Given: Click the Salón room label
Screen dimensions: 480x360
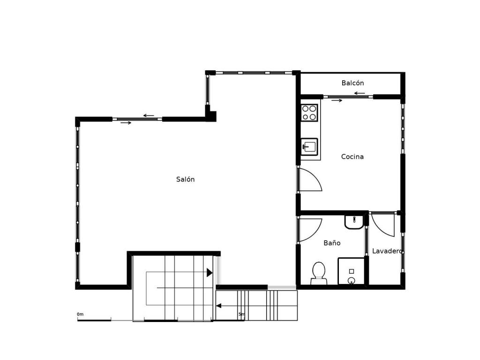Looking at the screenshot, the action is (x=185, y=180).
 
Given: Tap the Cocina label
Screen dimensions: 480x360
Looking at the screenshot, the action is (x=352, y=157).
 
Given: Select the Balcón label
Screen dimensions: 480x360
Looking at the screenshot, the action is (x=352, y=83).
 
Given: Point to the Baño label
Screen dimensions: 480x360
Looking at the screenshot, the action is (x=332, y=243).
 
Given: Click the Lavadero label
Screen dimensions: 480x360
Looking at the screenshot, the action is (x=387, y=251).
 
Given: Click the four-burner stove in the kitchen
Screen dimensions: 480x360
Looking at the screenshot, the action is (x=309, y=112).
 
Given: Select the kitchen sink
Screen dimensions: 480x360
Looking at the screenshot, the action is (x=309, y=147).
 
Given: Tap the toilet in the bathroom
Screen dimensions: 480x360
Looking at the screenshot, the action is (x=319, y=273).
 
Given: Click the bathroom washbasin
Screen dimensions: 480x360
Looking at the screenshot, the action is (x=354, y=222).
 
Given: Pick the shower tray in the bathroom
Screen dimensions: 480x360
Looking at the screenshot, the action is (x=352, y=271).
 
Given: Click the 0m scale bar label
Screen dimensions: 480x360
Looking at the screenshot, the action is (x=80, y=315).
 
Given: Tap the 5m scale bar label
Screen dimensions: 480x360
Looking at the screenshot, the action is (x=241, y=315).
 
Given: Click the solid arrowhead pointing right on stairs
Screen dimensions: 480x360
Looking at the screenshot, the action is (x=210, y=272).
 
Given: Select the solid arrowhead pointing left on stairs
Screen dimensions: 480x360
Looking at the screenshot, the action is (x=218, y=306).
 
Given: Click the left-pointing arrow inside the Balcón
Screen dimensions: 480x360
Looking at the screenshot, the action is (x=360, y=93).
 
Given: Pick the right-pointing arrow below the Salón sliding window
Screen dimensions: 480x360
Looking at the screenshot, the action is (x=126, y=123).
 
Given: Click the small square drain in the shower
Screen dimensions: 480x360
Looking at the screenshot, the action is (x=352, y=271).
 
